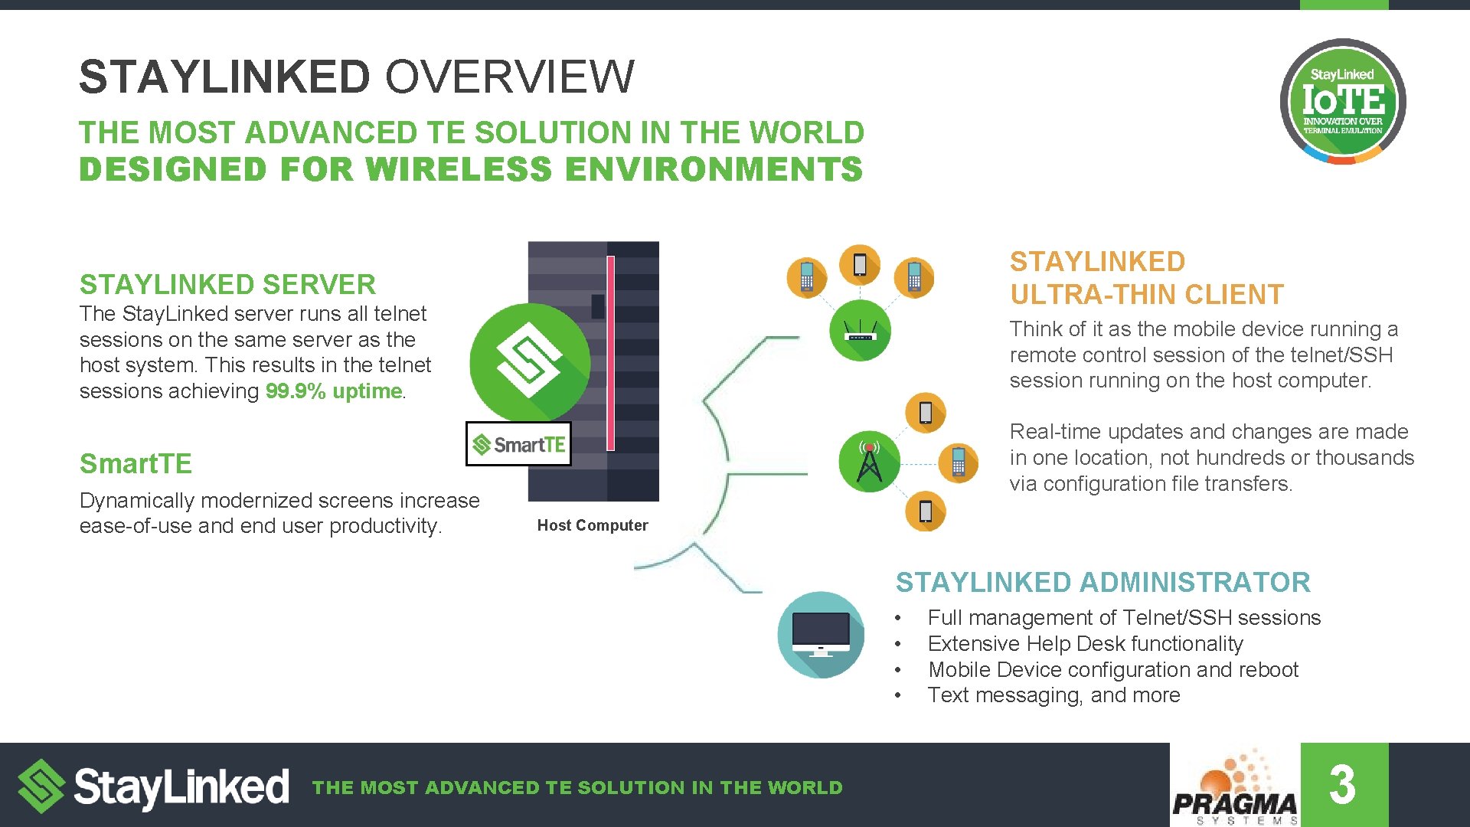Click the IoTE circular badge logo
point(1342,101)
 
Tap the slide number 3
point(1343,785)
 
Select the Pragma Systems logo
point(1234,789)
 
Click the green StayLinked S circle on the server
point(529,362)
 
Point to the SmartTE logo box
point(518,444)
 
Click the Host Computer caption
point(592,525)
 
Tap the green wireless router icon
point(860,331)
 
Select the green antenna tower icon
point(869,462)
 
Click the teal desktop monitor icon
point(820,635)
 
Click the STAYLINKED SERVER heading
point(227,285)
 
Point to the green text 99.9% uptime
point(333,391)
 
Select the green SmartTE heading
point(136,464)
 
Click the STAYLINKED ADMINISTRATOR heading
point(1102,583)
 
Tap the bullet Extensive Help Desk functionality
point(1085,644)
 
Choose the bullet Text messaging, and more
point(1053,695)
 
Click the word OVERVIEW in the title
point(509,77)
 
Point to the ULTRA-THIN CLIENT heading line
point(1146,295)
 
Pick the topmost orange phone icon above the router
point(860,264)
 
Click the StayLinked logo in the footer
point(153,786)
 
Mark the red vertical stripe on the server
point(610,353)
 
